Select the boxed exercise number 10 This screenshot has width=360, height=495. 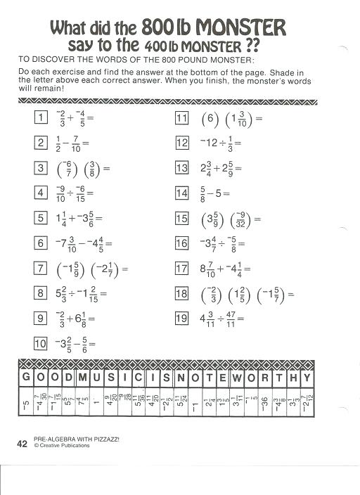coord(41,343)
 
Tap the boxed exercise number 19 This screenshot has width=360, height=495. coord(182,318)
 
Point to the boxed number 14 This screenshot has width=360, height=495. coord(182,193)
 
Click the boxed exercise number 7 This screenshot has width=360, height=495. coord(41,268)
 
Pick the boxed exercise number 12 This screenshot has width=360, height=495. coord(182,143)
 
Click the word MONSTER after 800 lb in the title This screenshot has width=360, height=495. coord(240,28)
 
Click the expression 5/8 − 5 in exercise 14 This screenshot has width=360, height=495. coord(211,193)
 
